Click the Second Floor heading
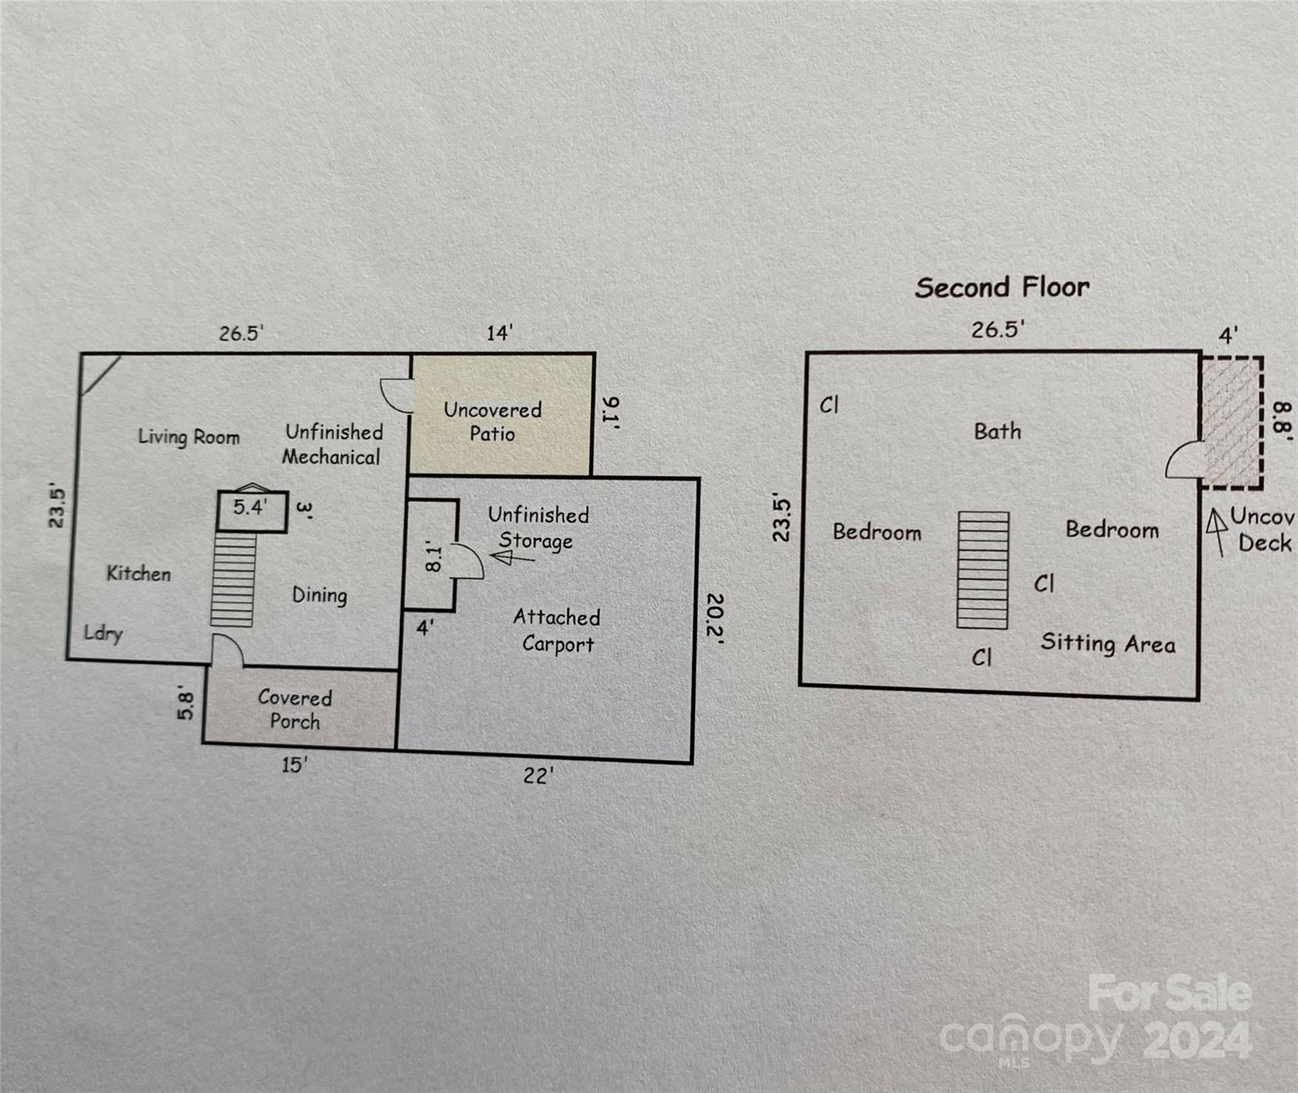tap(1002, 287)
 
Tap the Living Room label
tap(189, 436)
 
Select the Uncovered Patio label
tap(493, 421)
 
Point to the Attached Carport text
tap(557, 630)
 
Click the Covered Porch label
tap(295, 709)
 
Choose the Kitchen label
tap(139, 573)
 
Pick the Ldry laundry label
tap(103, 633)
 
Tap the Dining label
tap(320, 595)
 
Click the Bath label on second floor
tap(998, 431)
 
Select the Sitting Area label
tap(1108, 643)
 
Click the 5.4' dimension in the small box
tap(250, 507)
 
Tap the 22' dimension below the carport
tap(538, 776)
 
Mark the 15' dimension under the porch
tap(294, 765)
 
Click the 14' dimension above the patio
tap(499, 333)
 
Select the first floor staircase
tap(233, 579)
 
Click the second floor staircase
tap(983, 570)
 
